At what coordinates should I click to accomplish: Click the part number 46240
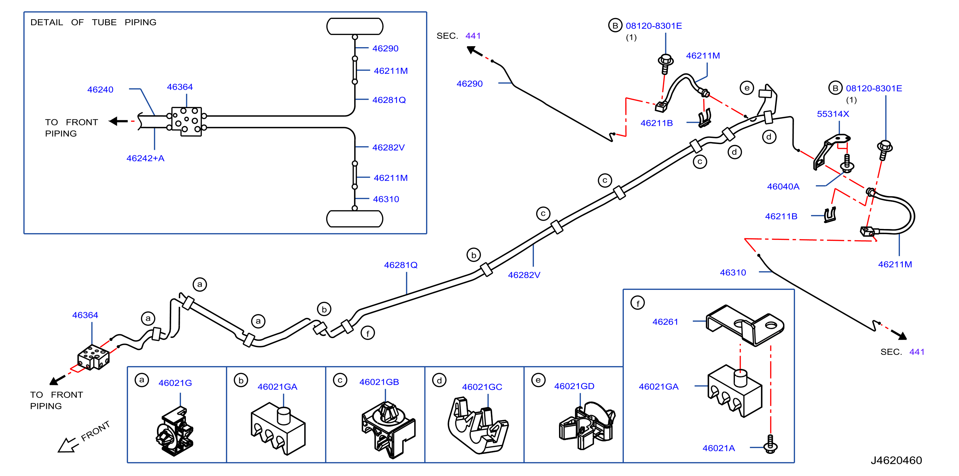pyautogui.click(x=100, y=89)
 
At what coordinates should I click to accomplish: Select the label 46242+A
pyautogui.click(x=145, y=158)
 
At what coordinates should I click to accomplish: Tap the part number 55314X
pyautogui.click(x=833, y=114)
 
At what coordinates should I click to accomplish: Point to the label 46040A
pyautogui.click(x=783, y=187)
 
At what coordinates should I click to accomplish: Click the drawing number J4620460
pyautogui.click(x=896, y=460)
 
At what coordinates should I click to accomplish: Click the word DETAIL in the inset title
pyautogui.click(x=47, y=22)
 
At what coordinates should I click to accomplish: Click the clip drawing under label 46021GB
pyautogui.click(x=388, y=429)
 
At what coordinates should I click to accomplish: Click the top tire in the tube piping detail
pyautogui.click(x=355, y=26)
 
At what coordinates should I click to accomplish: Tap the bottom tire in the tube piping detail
pyautogui.click(x=355, y=219)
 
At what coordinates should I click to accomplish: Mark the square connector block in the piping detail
pyautogui.click(x=187, y=122)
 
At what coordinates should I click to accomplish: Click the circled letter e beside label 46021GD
pyautogui.click(x=538, y=380)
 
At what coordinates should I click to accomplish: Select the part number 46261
pyautogui.click(x=665, y=322)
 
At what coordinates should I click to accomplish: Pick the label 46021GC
pyautogui.click(x=482, y=387)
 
